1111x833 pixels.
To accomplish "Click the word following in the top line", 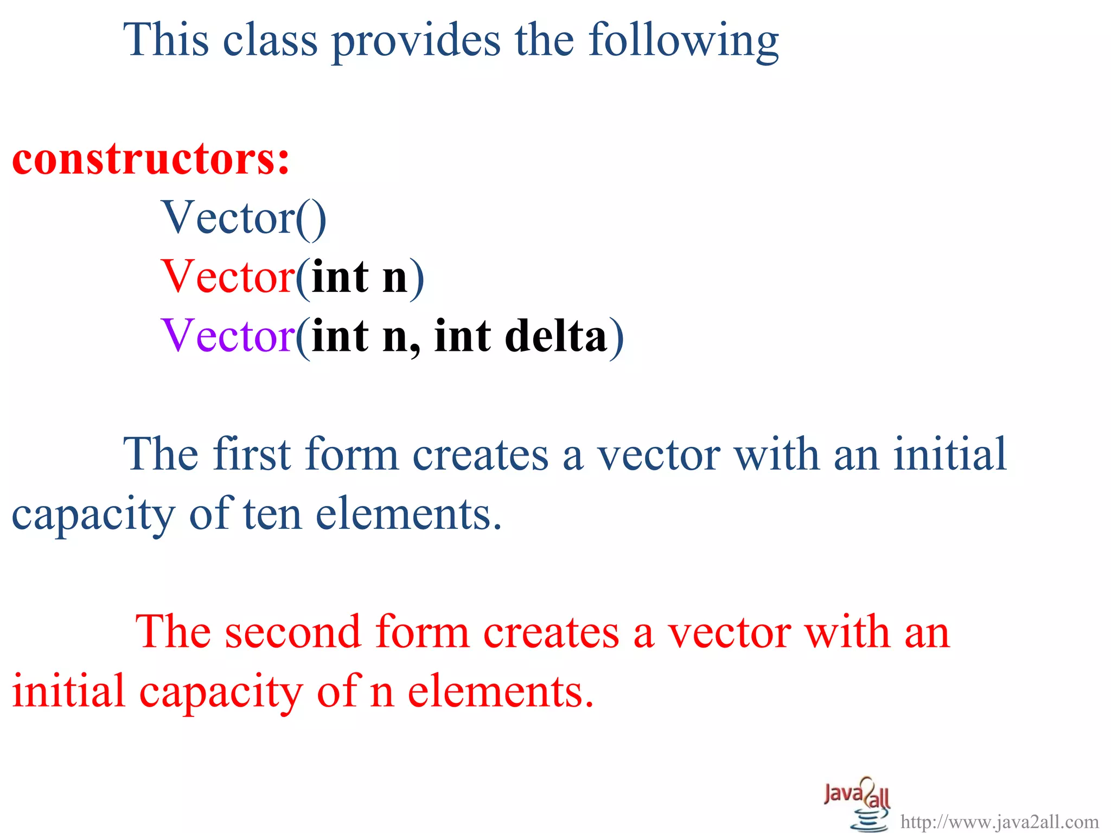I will click(x=684, y=41).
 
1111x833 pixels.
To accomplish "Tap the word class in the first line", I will click(x=270, y=40).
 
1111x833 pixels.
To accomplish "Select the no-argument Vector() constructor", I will click(x=244, y=218).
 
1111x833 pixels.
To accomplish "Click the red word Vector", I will click(x=228, y=277).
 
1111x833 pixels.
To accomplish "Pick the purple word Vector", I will click(x=228, y=336).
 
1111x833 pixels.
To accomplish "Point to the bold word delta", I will click(x=555, y=336).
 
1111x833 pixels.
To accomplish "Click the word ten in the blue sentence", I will click(x=272, y=514).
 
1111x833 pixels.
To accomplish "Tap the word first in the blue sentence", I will click(x=252, y=454).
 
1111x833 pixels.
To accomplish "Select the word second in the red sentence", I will click(x=293, y=632).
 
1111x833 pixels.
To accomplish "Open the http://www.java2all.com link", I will click(x=999, y=822).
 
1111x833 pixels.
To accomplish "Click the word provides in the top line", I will click(x=416, y=41).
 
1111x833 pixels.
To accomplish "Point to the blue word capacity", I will click(x=93, y=515).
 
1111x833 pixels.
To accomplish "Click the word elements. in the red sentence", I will click(x=500, y=692).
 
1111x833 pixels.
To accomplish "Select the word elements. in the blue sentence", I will click(x=408, y=514).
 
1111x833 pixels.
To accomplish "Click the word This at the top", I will click(x=166, y=40).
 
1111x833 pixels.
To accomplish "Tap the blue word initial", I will click(x=949, y=454).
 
